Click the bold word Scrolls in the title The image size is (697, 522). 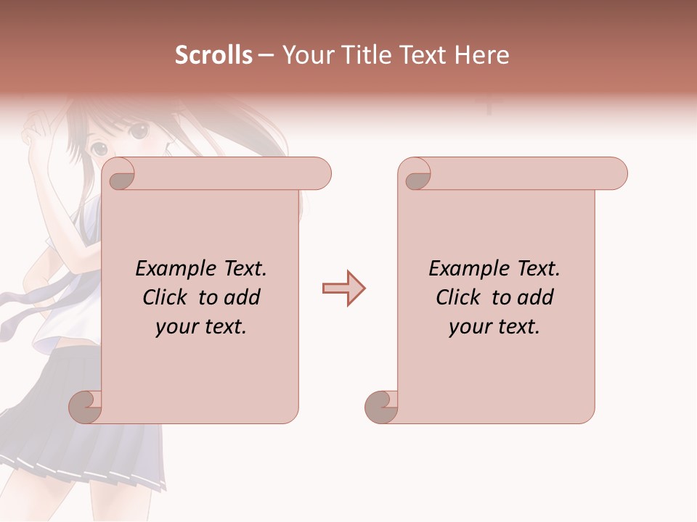tap(214, 55)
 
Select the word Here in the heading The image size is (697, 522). tap(481, 55)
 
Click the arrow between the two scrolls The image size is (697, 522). tap(343, 289)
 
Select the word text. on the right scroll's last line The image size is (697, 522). tap(517, 327)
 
